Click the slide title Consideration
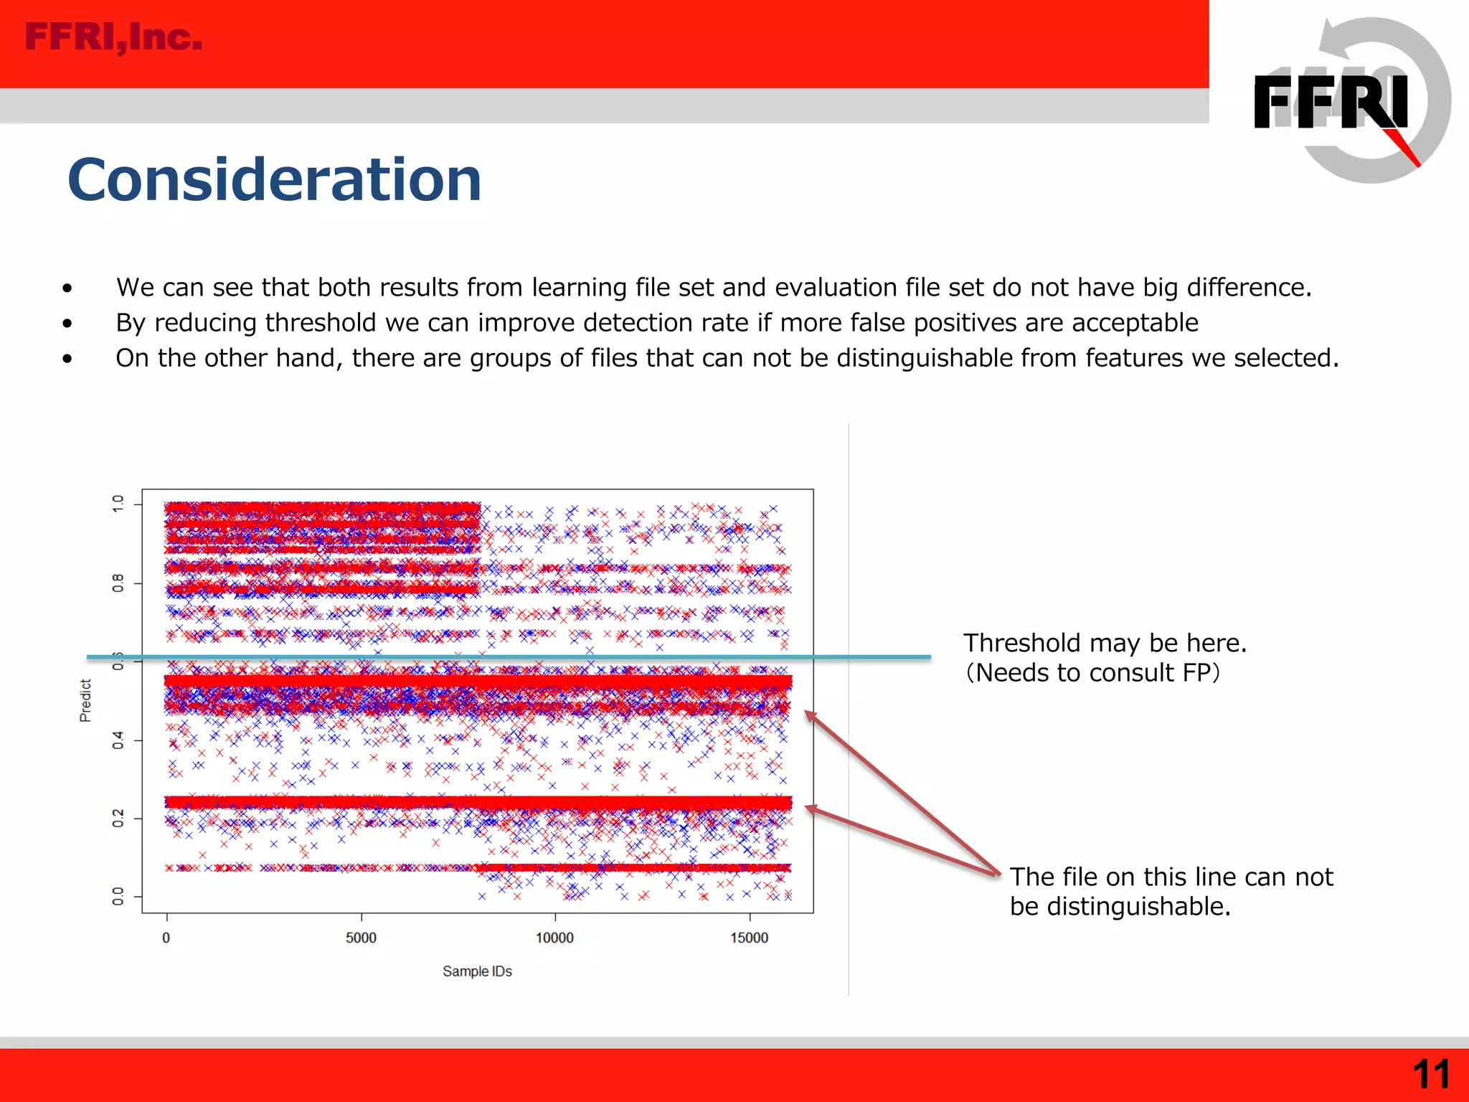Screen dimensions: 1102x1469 [x=274, y=180]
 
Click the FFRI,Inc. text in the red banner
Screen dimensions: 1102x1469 [x=113, y=38]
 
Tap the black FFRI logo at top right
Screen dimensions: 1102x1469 [x=1331, y=103]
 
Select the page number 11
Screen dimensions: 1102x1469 [x=1430, y=1075]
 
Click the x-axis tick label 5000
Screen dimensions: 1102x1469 [x=361, y=938]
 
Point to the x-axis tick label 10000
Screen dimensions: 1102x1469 [x=554, y=938]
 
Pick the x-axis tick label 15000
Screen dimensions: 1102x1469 [x=749, y=938]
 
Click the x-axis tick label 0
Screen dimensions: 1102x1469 [x=166, y=938]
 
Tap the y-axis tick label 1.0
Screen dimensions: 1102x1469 [x=118, y=504]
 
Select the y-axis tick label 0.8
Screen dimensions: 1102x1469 [x=118, y=583]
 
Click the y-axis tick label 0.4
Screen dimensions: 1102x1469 [x=118, y=740]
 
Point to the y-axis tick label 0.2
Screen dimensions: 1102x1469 [x=118, y=818]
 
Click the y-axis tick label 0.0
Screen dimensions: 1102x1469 [x=118, y=896]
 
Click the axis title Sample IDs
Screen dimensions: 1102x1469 [x=477, y=971]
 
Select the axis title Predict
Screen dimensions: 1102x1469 [x=85, y=700]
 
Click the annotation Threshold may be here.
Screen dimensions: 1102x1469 [x=1105, y=643]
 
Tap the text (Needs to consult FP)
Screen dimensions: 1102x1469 [x=1092, y=673]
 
